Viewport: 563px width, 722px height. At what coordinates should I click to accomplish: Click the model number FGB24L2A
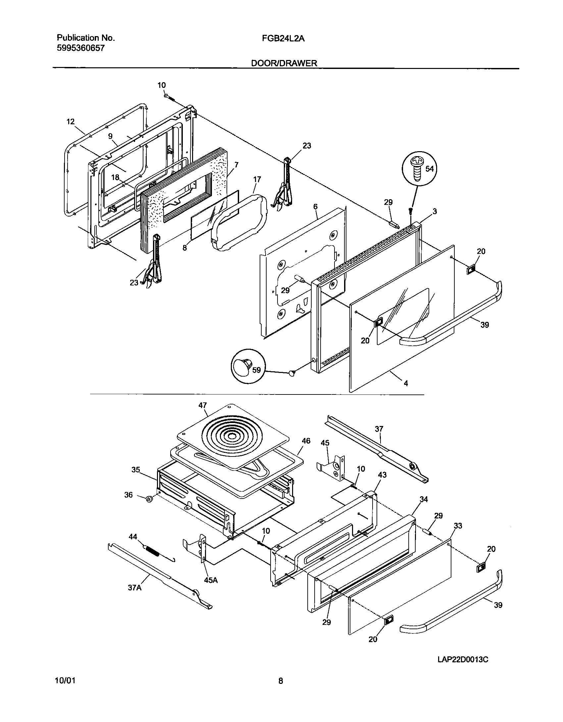click(x=283, y=38)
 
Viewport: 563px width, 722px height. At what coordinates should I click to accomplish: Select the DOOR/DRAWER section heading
click(x=284, y=63)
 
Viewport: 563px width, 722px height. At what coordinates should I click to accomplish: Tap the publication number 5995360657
click(x=81, y=48)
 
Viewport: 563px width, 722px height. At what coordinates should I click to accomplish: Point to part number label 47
click(x=202, y=405)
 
